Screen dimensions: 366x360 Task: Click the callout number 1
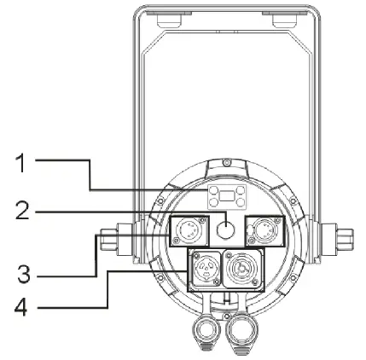point(21,163)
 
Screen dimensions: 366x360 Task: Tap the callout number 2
point(22,210)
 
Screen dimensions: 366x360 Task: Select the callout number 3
point(24,273)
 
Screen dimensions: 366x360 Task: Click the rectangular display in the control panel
point(227,196)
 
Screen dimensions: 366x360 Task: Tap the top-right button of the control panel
point(241,189)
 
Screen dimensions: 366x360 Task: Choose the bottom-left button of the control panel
point(213,202)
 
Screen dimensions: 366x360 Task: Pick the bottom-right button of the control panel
point(241,202)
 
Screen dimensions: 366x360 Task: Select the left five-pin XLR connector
point(189,230)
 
